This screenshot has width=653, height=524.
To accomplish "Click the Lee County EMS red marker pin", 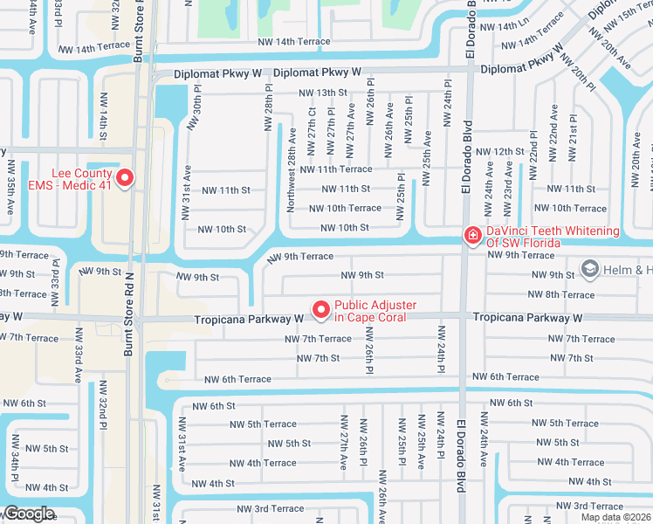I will coord(124,178).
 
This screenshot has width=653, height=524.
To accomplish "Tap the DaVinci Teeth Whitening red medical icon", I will coord(471,235).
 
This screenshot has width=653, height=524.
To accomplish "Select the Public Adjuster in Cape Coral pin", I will coord(320,309).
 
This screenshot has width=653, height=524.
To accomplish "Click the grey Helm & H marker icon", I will coord(590,269).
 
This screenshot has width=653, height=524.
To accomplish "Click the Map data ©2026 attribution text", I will coord(615,517).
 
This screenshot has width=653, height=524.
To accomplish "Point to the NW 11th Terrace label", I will coord(336,169).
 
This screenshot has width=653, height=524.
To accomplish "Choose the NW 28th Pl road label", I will coord(269,108).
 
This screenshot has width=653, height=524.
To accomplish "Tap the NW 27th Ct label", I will coord(312,126).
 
